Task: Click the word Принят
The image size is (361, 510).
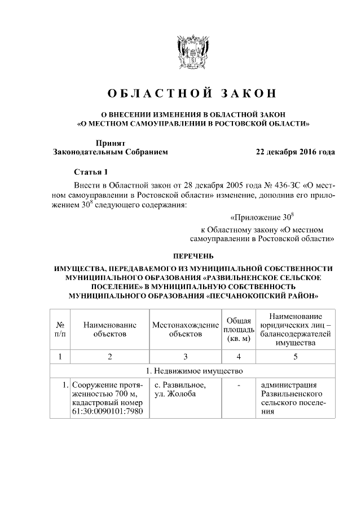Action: click(110, 143)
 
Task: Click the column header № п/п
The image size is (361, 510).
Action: click(60, 330)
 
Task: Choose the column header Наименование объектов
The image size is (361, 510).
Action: click(109, 330)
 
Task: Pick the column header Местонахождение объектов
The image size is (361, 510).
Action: click(186, 330)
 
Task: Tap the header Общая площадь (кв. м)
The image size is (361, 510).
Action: click(239, 330)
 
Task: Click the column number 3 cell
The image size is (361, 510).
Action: click(186, 356)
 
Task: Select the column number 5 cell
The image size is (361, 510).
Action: click(295, 356)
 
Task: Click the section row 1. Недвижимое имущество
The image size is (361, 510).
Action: click(192, 371)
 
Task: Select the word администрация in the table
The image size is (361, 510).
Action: click(289, 385)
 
